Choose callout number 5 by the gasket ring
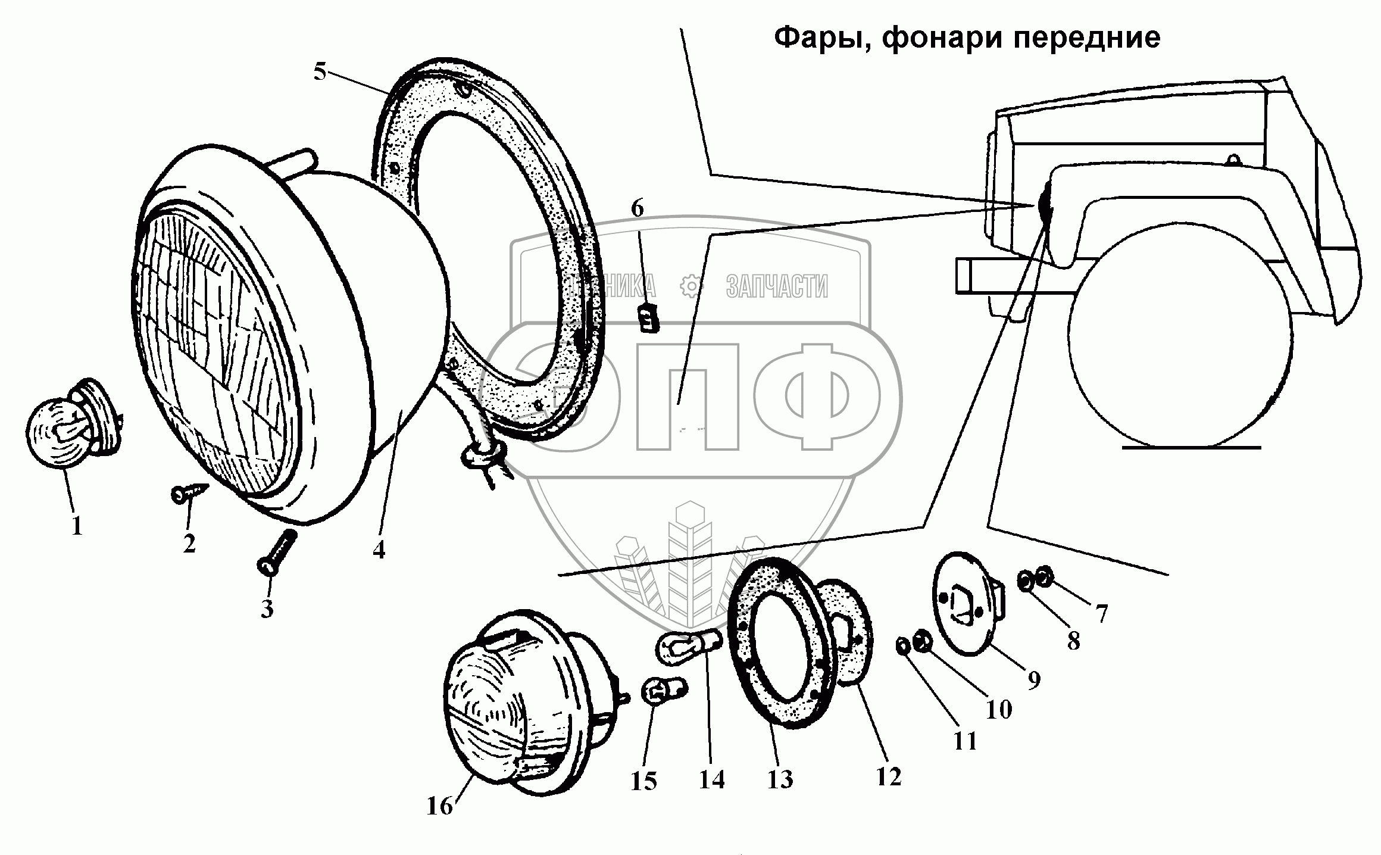coord(320,73)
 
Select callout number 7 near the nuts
coord(1102,613)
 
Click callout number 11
coord(965,741)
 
